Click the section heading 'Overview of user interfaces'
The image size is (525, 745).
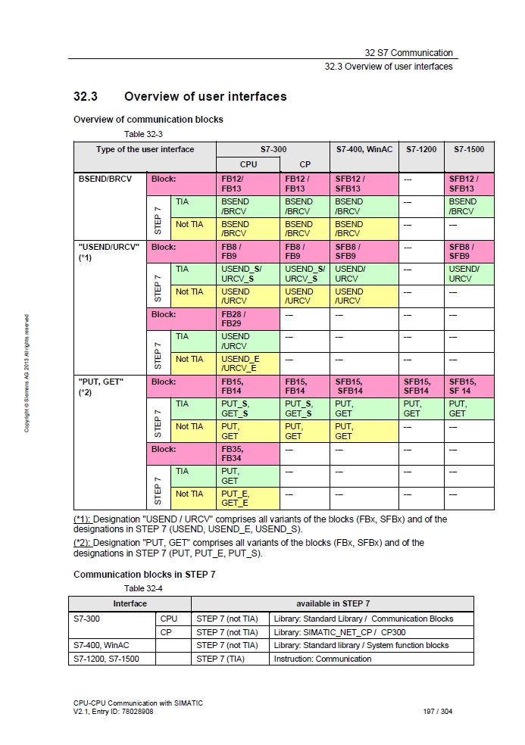(205, 97)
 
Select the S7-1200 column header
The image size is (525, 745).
(421, 149)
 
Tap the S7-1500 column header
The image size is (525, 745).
(469, 149)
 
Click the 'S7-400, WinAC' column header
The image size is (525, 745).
(364, 149)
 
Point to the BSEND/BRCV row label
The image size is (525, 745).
(105, 179)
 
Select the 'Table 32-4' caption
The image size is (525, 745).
(143, 588)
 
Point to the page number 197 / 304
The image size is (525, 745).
(438, 712)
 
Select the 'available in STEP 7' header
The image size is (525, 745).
(333, 603)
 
